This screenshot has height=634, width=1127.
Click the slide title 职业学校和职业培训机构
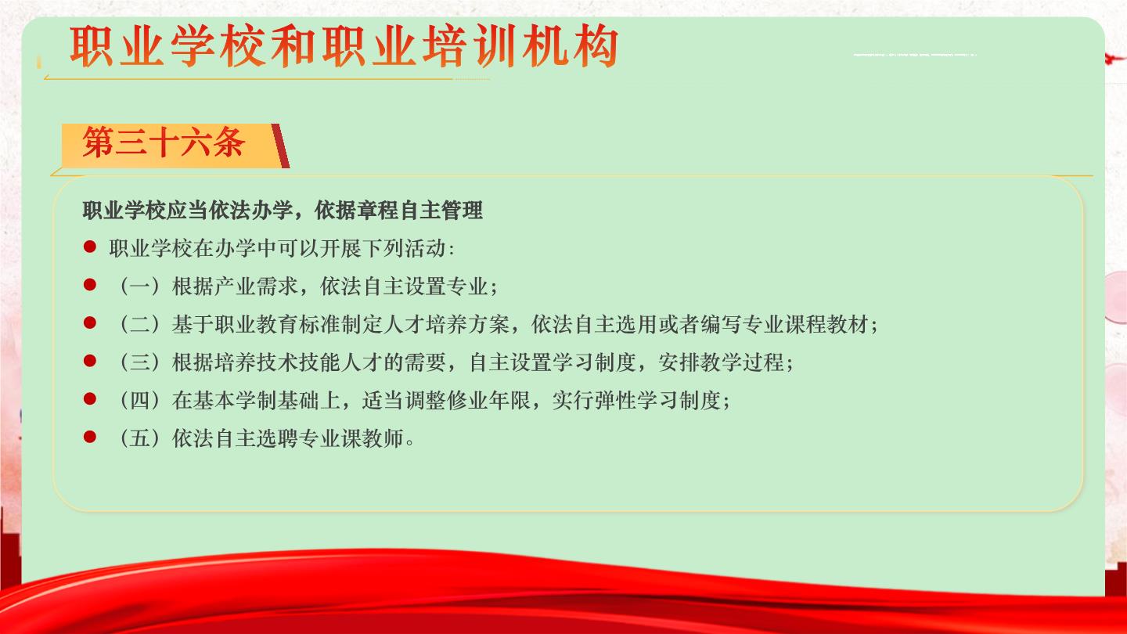click(344, 45)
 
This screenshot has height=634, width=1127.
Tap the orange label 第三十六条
click(164, 142)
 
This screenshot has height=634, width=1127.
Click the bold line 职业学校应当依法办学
click(283, 211)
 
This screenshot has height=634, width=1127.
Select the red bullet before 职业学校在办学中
click(90, 247)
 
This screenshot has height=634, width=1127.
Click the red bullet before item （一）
click(90, 285)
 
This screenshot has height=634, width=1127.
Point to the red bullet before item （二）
click(90, 322)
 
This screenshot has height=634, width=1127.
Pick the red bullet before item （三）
click(90, 361)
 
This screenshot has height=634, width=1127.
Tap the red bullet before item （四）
click(90, 399)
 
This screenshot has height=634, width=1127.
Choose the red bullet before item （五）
click(90, 437)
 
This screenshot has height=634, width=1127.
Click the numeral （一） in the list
click(140, 286)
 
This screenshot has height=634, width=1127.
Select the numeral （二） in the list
click(140, 325)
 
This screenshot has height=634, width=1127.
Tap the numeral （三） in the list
click(140, 362)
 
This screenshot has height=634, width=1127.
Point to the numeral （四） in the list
click(140, 401)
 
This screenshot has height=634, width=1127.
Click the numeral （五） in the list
click(140, 438)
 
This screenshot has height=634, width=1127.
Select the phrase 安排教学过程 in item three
click(722, 362)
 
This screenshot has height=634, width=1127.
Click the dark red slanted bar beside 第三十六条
click(280, 146)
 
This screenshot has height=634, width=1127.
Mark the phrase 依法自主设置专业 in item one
click(405, 286)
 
